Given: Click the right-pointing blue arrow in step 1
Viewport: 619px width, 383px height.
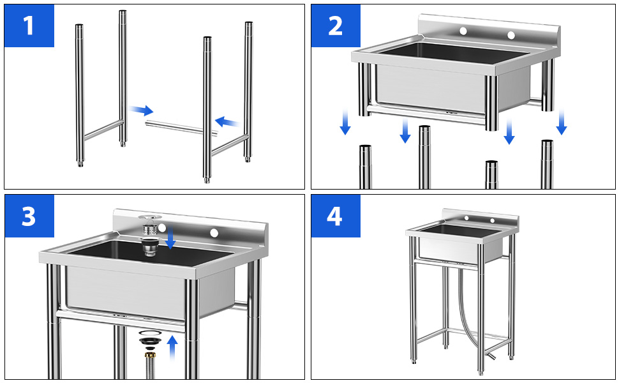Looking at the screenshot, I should point(142,110).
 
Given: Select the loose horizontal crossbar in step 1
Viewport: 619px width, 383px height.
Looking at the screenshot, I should point(182,127).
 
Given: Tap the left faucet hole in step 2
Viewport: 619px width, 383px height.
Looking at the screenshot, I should point(464,31).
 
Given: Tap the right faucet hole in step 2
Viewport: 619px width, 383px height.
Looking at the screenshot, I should point(511,34).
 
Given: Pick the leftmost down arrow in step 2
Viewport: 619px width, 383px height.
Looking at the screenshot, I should point(345,122).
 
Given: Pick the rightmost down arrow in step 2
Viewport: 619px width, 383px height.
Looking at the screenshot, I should point(562,122).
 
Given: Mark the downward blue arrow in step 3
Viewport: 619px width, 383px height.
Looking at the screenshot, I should point(171,239).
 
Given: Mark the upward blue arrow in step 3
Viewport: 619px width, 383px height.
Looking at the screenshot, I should point(172,349).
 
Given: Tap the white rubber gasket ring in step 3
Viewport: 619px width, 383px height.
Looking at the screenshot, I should point(149,333).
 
